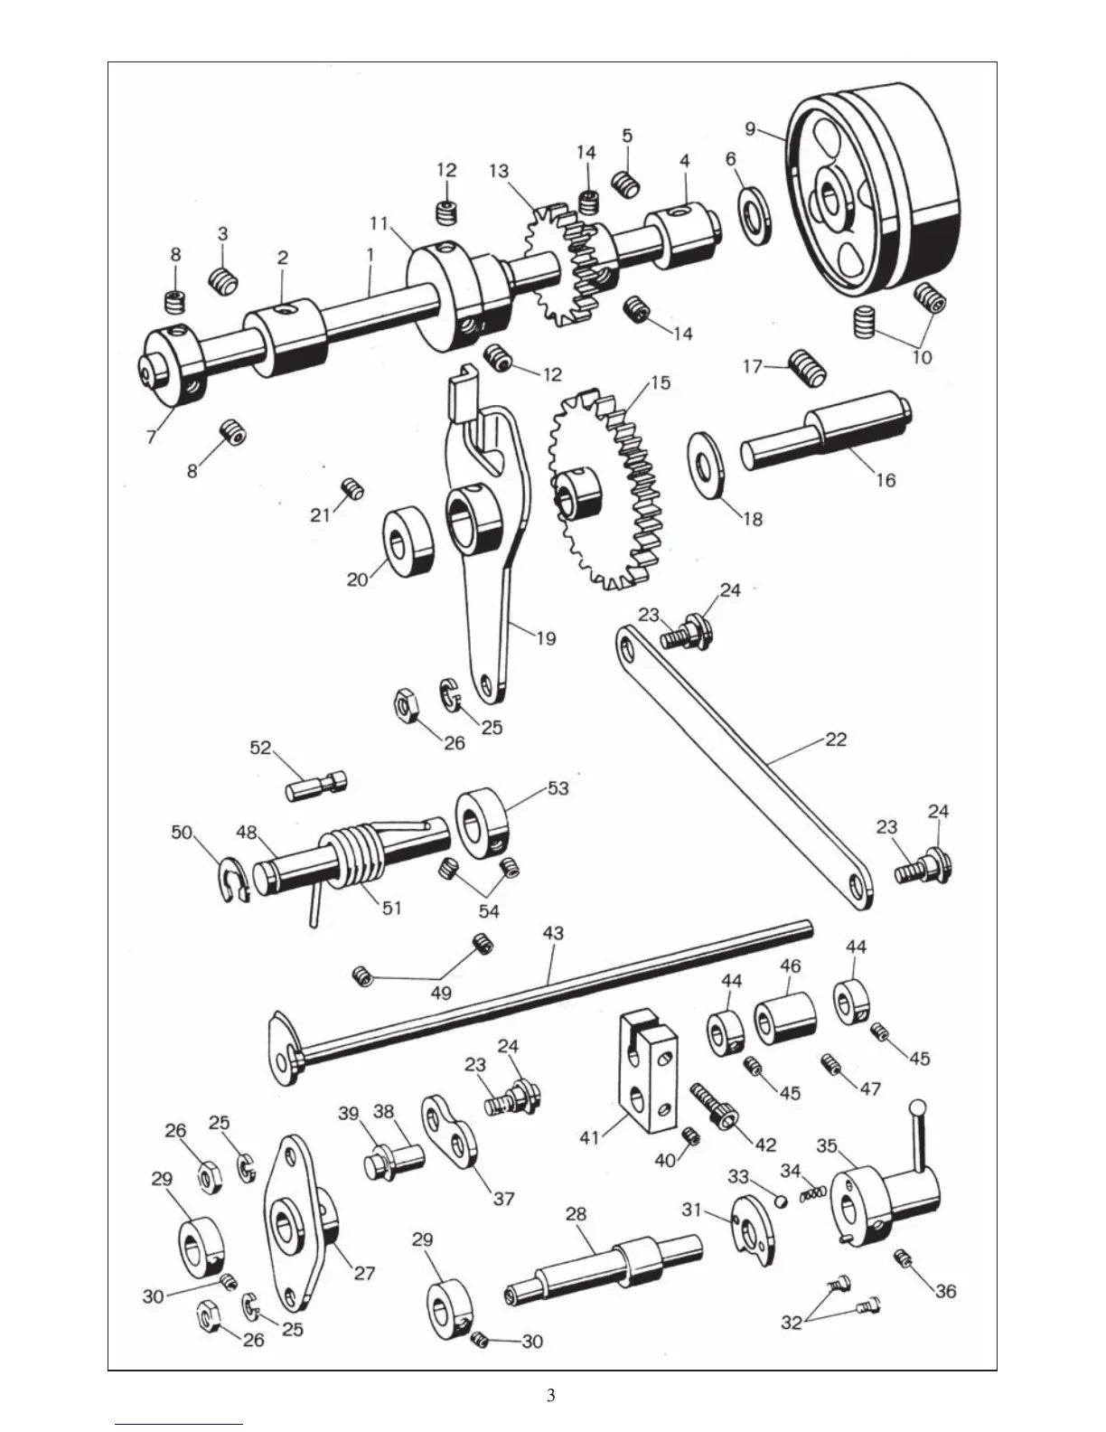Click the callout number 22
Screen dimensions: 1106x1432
coord(836,739)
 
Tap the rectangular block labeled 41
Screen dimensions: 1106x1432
coord(645,1070)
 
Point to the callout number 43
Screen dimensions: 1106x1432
coord(552,931)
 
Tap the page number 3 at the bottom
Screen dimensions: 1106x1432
coord(551,1395)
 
